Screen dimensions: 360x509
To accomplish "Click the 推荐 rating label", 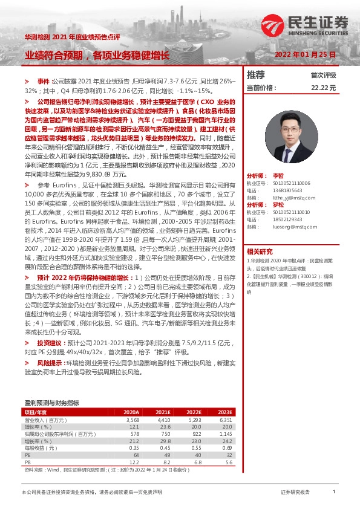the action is pyautogui.click(x=256, y=75).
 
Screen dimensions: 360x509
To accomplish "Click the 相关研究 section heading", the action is pyautogui.click(x=259, y=251).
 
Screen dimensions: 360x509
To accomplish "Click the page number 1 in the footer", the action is pyautogui.click(x=334, y=493).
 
